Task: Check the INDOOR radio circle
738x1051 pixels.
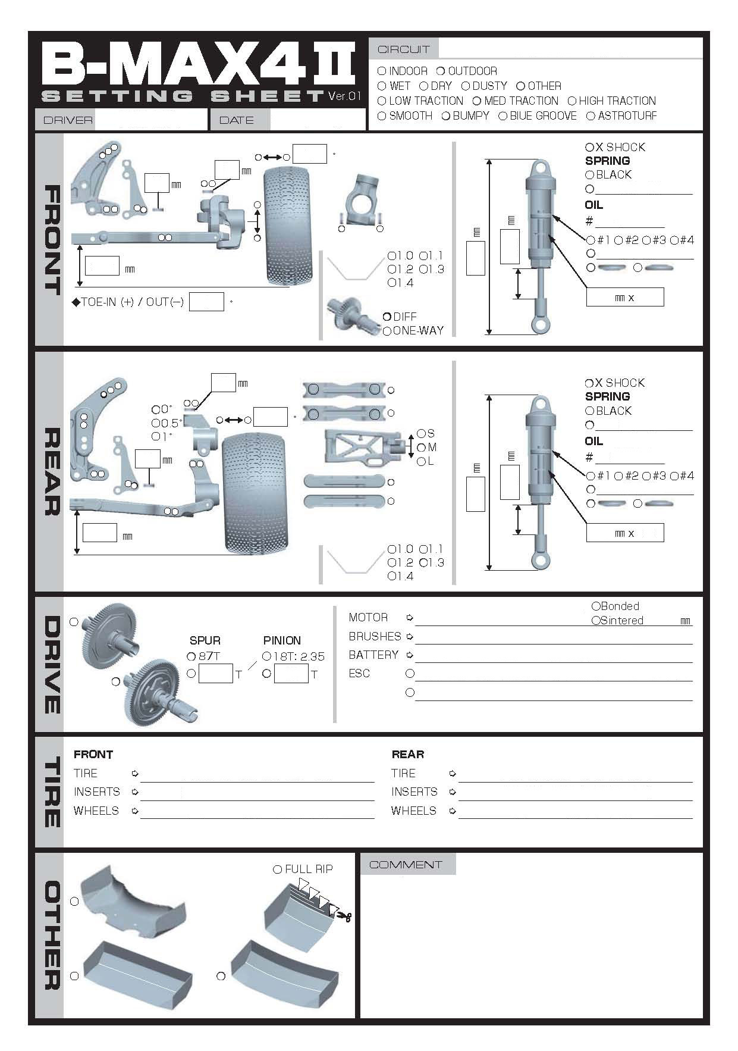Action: (382, 71)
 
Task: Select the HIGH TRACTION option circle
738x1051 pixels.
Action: (572, 101)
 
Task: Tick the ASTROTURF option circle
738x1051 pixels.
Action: (591, 116)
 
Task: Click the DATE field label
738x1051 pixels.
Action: (237, 120)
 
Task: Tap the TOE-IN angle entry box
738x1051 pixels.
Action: (206, 302)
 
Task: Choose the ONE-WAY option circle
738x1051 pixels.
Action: (387, 331)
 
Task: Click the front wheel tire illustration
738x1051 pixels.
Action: (288, 226)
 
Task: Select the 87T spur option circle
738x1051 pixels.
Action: (191, 656)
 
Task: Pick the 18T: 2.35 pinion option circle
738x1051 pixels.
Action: (266, 656)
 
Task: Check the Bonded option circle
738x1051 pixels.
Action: (596, 606)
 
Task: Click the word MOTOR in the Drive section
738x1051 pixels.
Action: (368, 617)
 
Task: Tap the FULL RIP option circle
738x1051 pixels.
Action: (277, 869)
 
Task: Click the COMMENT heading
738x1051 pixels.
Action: (406, 865)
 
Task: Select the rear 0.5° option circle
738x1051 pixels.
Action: (156, 423)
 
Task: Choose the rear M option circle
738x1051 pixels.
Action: (422, 448)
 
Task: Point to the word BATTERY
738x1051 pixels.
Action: (373, 655)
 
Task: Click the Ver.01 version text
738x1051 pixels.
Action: (345, 96)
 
